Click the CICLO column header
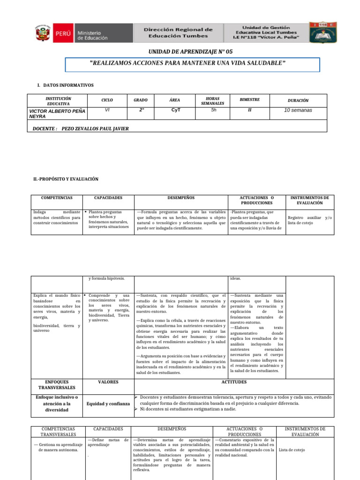(107, 100)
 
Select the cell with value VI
(107, 110)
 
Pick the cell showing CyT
(174, 110)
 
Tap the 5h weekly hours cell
(214, 110)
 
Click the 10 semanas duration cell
(298, 110)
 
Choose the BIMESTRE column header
(249, 100)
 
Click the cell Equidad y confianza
(108, 403)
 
